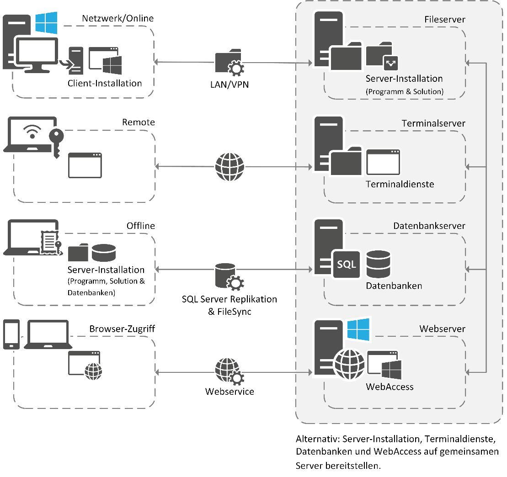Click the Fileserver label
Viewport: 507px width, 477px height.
coord(445,20)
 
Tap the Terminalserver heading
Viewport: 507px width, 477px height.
coord(434,123)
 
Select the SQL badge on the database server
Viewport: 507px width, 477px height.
coord(347,264)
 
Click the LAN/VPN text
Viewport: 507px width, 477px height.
coord(229,84)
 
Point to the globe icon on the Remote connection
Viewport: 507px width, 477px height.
coord(229,166)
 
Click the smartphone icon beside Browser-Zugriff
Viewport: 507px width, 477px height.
coord(11,334)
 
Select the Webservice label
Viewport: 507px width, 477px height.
coord(229,392)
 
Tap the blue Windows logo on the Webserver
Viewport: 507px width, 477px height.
coord(358,329)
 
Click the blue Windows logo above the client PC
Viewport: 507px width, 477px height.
coord(46,23)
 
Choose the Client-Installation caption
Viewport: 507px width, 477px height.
coord(105,83)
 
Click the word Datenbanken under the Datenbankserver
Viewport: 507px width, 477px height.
coord(394,286)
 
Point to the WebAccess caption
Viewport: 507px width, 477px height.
coord(390,387)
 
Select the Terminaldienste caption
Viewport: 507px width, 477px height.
coord(400,184)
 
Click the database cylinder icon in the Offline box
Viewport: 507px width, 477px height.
coord(104,253)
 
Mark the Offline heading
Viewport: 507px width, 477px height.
coord(141,226)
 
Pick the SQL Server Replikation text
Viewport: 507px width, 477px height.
coord(229,300)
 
